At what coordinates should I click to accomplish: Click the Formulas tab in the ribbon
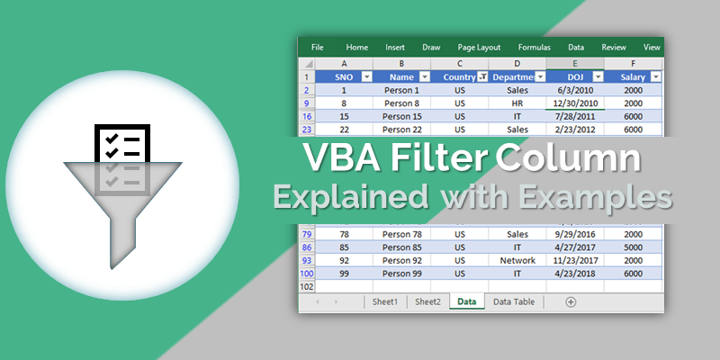coord(535,47)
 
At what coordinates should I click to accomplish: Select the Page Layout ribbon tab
coord(479,47)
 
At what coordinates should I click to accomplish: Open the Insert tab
coord(395,47)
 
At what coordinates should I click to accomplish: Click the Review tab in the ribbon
coord(614,47)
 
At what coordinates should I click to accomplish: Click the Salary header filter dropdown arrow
coord(655,77)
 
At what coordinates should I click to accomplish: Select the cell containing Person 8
coord(400,103)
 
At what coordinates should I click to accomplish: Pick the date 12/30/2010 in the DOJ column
coord(574,103)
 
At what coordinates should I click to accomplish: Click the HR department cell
coord(517,103)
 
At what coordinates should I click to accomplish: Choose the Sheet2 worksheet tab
coord(427,302)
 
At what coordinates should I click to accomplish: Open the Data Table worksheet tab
coord(513,302)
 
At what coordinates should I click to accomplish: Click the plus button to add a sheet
coord(571,302)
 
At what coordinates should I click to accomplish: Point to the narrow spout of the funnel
coord(122,243)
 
